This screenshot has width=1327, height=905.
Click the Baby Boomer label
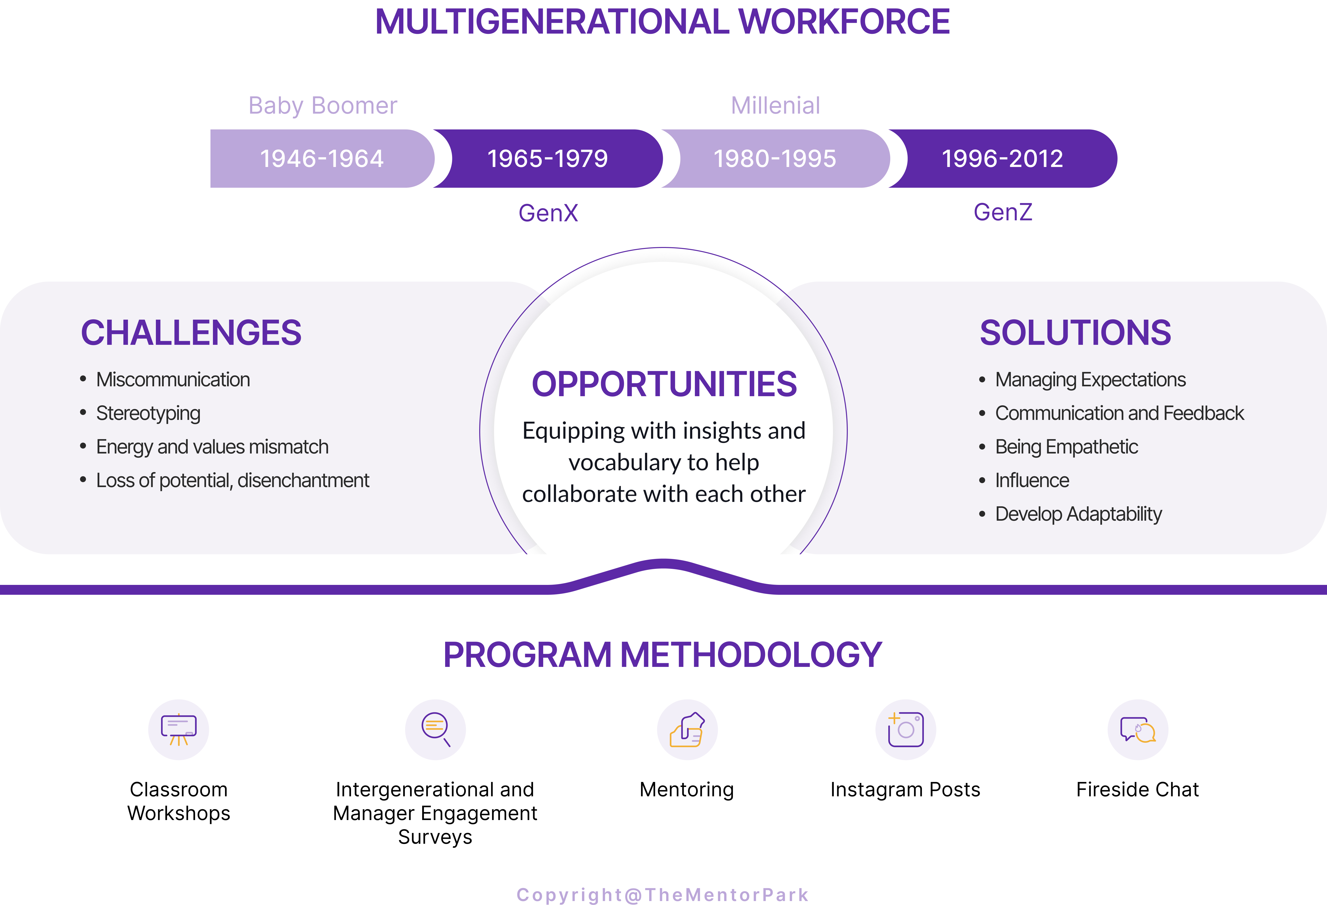click(323, 106)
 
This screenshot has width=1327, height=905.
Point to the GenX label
click(548, 213)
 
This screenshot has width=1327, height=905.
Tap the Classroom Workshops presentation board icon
click(179, 730)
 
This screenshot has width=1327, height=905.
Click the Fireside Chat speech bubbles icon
click(1138, 730)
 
